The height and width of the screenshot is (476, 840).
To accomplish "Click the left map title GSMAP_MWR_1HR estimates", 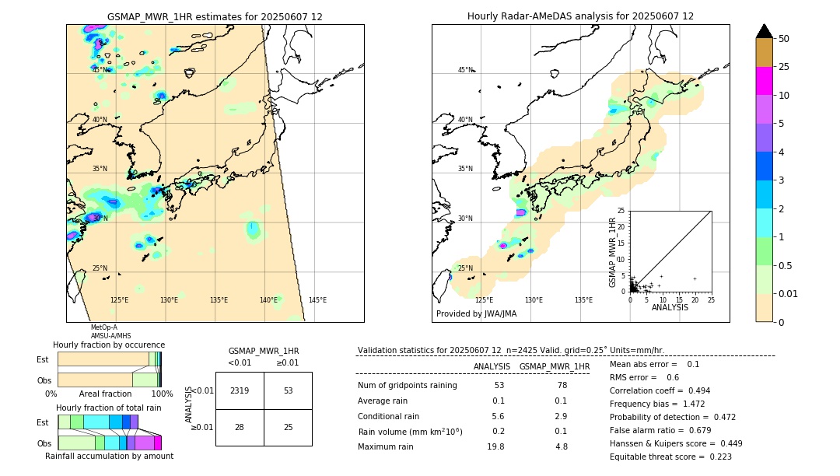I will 215,16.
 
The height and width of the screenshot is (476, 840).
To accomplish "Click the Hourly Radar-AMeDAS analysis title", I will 580,16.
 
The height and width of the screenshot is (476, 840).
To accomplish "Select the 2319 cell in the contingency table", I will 240,390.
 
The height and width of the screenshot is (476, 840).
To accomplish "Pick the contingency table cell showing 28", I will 240,427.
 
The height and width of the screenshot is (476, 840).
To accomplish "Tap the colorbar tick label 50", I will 784,39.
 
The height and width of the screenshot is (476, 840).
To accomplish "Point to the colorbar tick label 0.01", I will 786,293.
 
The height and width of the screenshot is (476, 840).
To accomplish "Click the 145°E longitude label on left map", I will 317,300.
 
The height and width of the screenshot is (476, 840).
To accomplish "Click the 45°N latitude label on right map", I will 465,70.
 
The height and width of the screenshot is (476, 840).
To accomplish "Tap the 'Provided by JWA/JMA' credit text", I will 476,314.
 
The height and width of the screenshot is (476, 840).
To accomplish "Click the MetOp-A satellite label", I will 103,327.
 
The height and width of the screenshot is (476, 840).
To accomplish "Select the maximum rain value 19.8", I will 495,446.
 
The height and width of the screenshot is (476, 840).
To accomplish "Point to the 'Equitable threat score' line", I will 670,457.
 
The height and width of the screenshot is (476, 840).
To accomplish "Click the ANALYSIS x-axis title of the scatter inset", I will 670,307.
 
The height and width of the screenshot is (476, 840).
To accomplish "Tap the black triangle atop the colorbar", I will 765,32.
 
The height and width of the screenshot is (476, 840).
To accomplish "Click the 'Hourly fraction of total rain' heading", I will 109,408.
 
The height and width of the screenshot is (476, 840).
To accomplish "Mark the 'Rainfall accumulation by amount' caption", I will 109,456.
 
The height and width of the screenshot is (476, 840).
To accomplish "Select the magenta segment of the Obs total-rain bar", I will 157,443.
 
